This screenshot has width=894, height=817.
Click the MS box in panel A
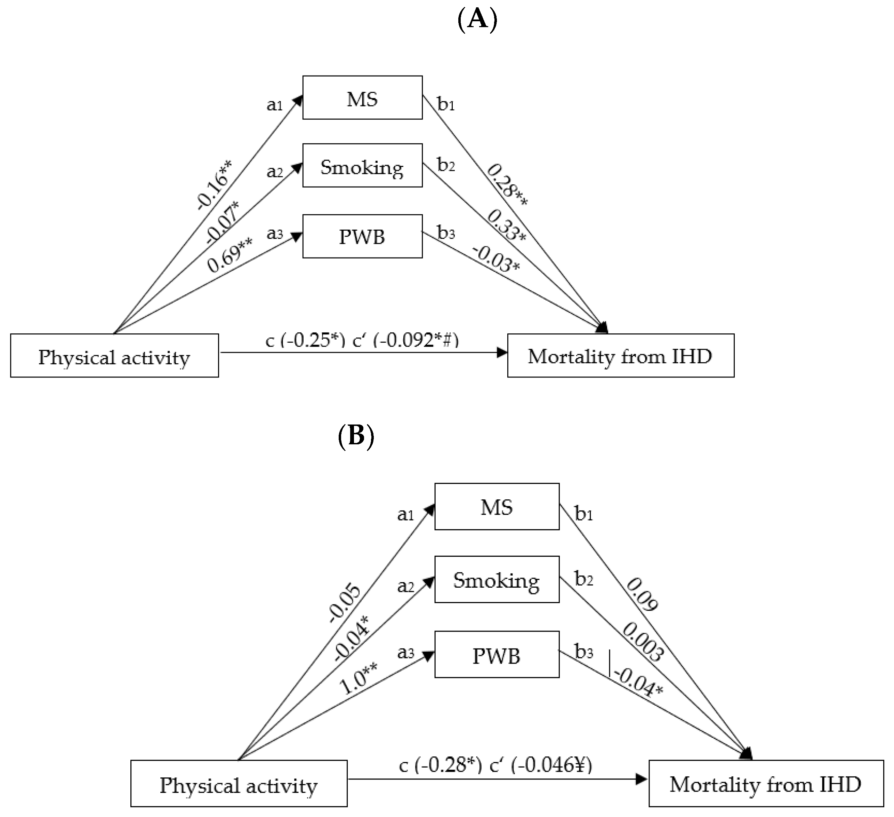[362, 98]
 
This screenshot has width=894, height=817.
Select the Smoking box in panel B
[496, 580]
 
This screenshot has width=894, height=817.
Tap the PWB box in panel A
[362, 237]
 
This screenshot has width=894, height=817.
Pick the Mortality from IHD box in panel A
[620, 356]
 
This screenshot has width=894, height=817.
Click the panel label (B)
[356, 436]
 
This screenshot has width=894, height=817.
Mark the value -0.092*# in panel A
[416, 340]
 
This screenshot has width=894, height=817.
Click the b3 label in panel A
[446, 232]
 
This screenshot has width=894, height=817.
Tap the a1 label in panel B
[405, 514]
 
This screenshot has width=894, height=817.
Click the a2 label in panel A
[274, 171]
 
